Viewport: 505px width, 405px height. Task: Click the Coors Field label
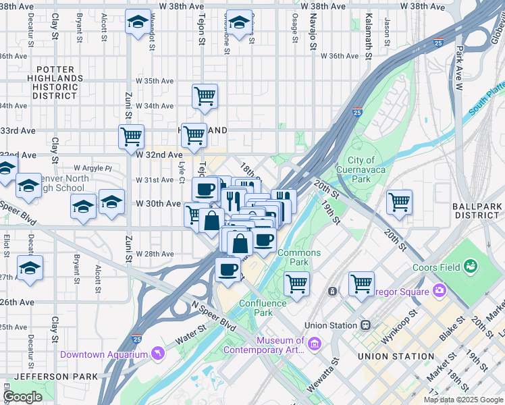436,267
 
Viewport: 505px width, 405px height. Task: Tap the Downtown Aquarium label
103,354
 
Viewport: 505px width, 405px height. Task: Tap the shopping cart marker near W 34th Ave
205,95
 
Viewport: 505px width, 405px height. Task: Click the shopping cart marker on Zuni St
131,136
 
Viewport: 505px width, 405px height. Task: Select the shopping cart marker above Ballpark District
399,201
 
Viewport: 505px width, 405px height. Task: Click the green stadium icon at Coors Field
470,267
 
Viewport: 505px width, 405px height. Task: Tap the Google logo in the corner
23,397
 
